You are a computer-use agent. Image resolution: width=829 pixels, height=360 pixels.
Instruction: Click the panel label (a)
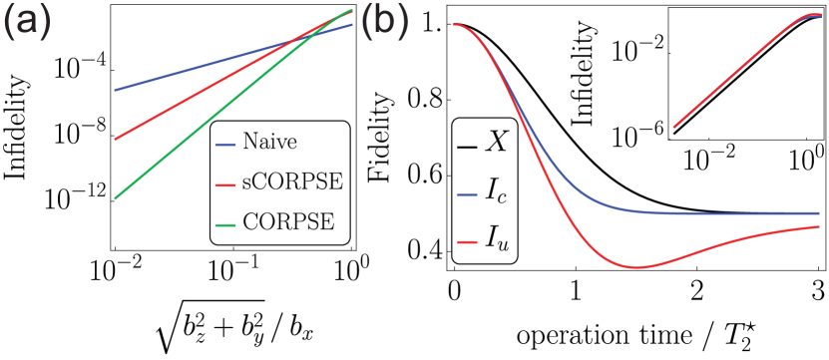click(32, 22)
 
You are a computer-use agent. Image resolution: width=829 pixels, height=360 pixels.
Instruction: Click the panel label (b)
click(385, 22)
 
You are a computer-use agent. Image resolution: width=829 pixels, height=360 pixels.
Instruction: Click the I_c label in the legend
click(496, 192)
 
